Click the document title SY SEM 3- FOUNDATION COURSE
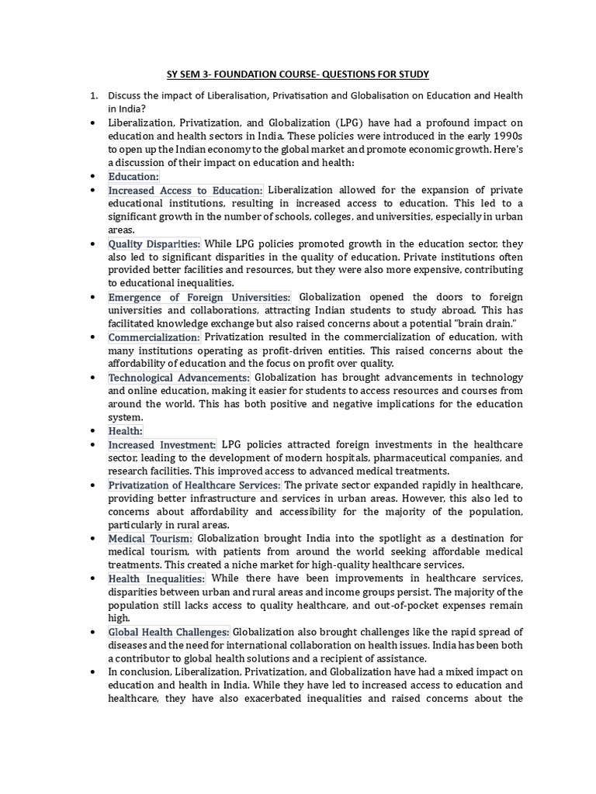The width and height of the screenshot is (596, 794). coord(298,74)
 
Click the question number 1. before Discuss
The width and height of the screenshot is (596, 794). coord(93,96)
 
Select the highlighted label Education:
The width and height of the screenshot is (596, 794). coord(133,177)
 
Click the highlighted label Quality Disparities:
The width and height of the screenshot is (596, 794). coord(154,244)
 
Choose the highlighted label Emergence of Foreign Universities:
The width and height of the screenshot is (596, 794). coord(199,298)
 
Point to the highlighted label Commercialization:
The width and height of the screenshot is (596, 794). coord(154,338)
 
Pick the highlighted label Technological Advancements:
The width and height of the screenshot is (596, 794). coord(178,378)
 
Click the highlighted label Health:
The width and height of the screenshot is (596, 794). coord(126,431)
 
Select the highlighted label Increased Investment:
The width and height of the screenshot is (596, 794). coord(162,445)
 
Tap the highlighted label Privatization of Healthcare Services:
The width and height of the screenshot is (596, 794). coord(192,485)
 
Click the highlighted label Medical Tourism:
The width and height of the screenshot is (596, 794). coord(151,539)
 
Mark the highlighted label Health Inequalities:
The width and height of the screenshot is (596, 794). coord(157,579)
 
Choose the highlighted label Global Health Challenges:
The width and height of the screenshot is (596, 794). coord(168,633)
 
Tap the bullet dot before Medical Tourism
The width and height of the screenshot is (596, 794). coord(93,539)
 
